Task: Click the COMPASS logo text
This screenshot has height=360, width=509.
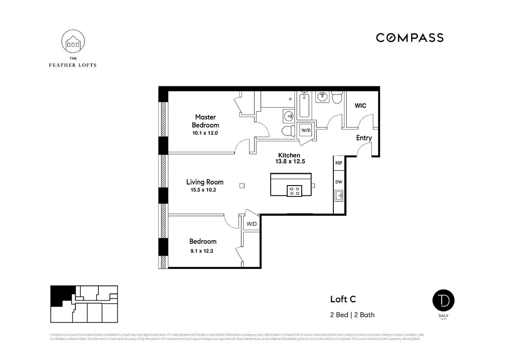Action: click(409, 38)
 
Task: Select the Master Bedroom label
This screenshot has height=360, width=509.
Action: click(205, 121)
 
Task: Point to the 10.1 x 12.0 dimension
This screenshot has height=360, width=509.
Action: click(205, 133)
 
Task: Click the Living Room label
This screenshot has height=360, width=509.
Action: click(205, 182)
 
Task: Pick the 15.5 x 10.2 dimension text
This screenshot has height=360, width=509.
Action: click(203, 190)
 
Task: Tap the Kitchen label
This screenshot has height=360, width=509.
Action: click(289, 155)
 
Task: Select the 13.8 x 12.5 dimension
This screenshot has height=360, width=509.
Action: click(290, 162)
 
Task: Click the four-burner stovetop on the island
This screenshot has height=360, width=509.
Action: click(294, 191)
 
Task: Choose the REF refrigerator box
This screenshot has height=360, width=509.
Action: click(338, 163)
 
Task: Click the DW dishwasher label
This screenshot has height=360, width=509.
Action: click(338, 182)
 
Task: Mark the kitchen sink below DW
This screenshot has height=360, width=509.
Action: click(339, 196)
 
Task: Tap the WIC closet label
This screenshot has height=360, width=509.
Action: click(360, 106)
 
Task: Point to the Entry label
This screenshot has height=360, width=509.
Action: click(364, 138)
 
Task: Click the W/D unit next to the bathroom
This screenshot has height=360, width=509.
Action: click(306, 130)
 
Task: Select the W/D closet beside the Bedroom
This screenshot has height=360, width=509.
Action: click(251, 224)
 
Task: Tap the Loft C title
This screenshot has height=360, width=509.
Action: click(343, 299)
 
